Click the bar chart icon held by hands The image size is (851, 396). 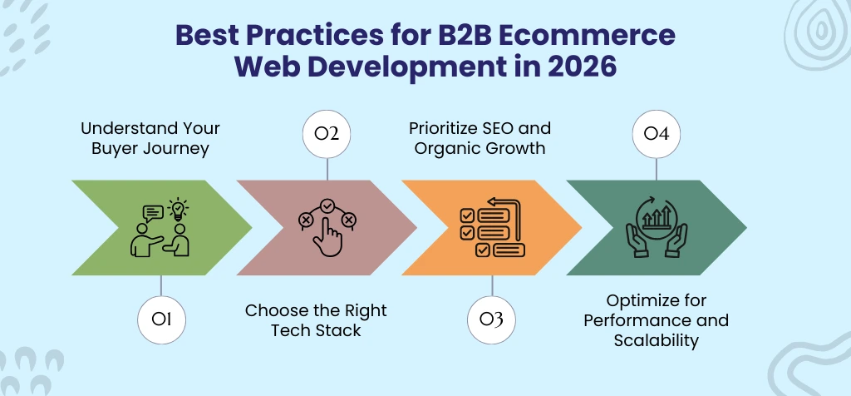pyautogui.click(x=657, y=219)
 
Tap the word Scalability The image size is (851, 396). pyautogui.click(x=656, y=340)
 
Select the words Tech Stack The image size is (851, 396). pyautogui.click(x=317, y=330)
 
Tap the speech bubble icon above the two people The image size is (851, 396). pyautogui.click(x=154, y=214)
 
